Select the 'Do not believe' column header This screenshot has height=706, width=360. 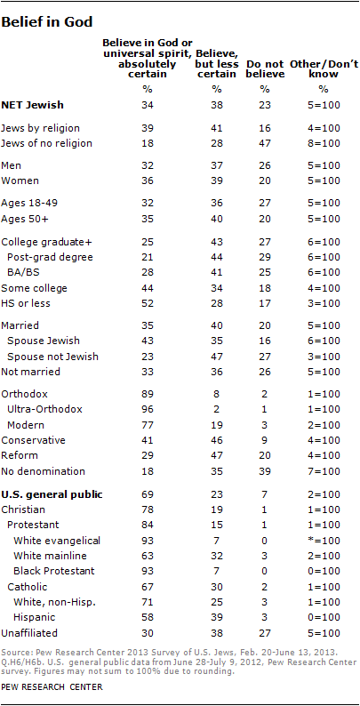click(266, 68)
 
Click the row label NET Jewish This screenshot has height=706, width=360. click(32, 106)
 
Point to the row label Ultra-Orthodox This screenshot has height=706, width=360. click(44, 409)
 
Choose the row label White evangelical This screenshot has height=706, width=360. click(57, 541)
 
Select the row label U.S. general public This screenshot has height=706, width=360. click(52, 494)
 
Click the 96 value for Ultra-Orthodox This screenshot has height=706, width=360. click(148, 409)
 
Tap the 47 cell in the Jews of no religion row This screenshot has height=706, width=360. click(265, 144)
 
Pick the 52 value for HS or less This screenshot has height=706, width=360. click(148, 303)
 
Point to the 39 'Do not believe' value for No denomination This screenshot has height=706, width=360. click(265, 471)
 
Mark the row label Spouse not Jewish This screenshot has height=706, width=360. click(52, 357)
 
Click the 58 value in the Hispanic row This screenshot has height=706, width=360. click(148, 616)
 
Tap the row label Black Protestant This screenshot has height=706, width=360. click(54, 571)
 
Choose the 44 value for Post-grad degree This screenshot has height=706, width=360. click(217, 257)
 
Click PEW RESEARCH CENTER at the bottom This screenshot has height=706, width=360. click(52, 687)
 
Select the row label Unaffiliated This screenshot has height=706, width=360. click(29, 632)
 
